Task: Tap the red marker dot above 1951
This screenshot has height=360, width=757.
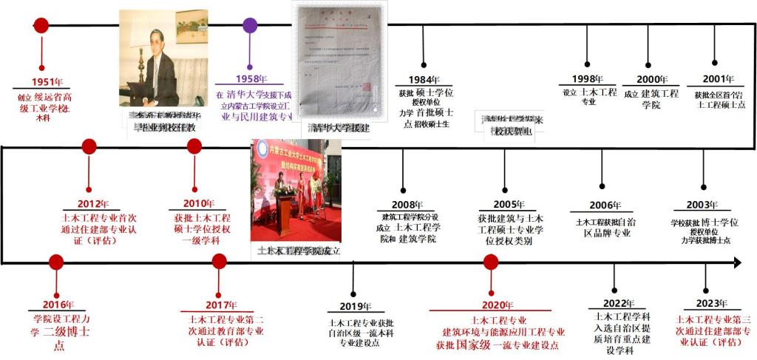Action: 41,25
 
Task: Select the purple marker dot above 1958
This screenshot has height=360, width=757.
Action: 250,25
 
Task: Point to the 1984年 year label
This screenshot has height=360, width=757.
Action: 424,80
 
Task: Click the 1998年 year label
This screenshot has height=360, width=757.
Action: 588,79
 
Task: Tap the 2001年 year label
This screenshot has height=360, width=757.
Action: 719,79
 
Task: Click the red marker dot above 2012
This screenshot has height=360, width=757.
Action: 89,146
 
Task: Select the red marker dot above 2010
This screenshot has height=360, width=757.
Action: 194,146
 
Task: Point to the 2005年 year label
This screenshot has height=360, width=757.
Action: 509,205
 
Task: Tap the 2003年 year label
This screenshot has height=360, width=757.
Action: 701,205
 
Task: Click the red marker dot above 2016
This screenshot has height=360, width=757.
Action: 55,262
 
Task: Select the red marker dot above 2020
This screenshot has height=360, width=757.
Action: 491,262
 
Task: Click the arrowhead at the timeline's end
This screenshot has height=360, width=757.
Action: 736,262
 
